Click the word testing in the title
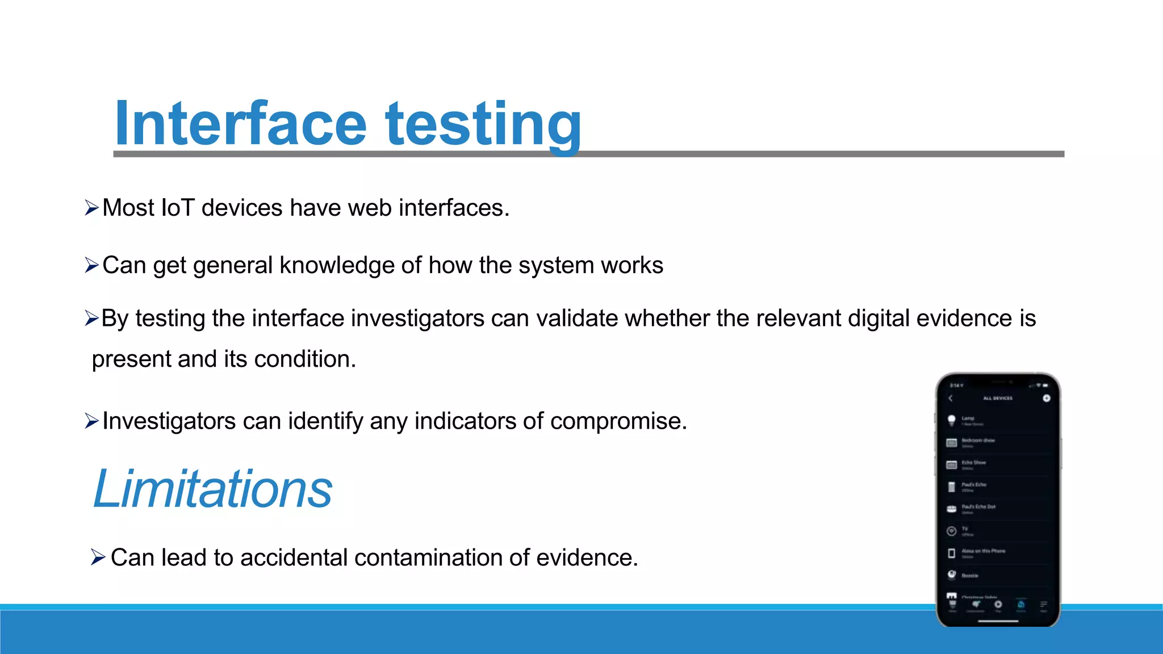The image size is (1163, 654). point(483,124)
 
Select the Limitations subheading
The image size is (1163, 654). point(212,489)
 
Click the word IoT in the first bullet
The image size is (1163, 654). point(178,208)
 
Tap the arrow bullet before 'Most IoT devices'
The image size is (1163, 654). point(91,208)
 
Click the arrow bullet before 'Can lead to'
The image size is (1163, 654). point(98,557)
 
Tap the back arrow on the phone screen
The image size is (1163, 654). point(951,398)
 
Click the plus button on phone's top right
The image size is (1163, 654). point(1046,398)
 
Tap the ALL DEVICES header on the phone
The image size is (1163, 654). point(998,398)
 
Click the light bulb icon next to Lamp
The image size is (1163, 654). point(952,421)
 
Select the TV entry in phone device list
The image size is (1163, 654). point(965,531)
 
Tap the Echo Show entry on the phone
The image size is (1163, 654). point(973,463)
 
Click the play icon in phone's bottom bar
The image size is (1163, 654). point(998,605)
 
